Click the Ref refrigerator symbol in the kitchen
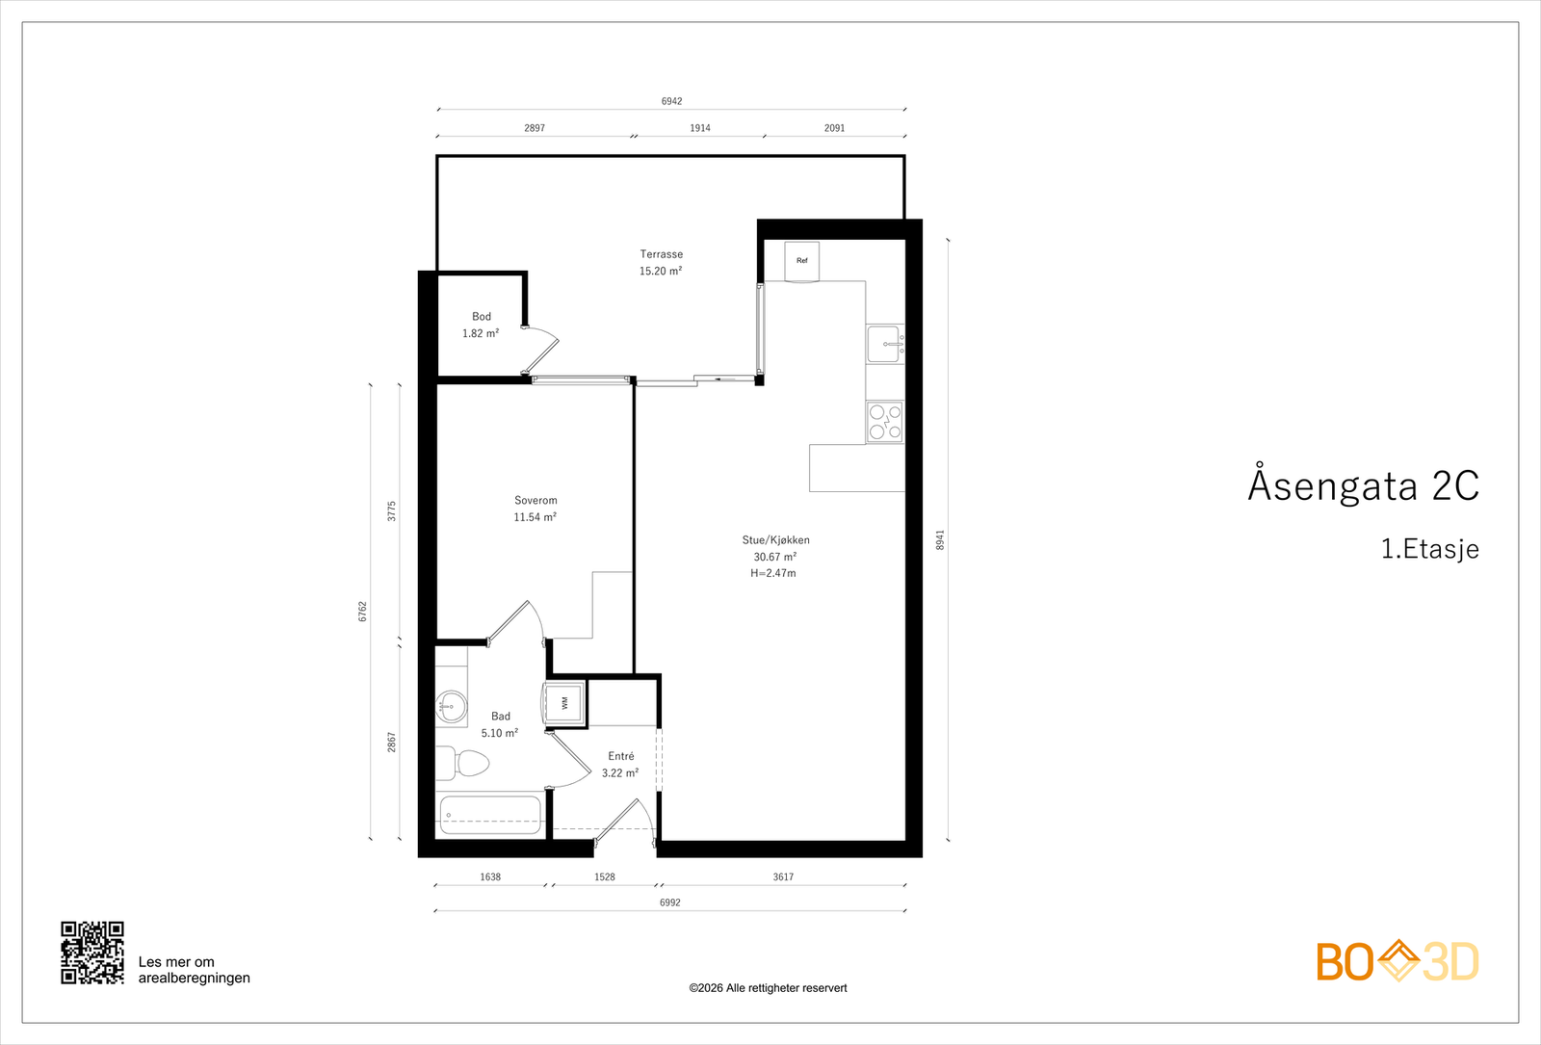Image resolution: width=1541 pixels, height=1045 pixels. [x=802, y=261]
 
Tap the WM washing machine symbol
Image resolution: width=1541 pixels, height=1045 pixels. [x=564, y=703]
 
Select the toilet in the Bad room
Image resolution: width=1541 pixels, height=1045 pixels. [x=462, y=763]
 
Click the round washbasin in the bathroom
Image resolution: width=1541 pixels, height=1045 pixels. [x=452, y=706]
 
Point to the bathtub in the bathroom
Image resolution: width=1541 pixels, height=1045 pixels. [x=489, y=815]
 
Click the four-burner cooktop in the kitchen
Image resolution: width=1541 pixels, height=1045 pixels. [x=885, y=422]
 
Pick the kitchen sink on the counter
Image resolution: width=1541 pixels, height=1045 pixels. [x=885, y=344]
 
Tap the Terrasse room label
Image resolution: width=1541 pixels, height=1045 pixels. [x=661, y=254]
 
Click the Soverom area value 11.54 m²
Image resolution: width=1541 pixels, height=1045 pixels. [x=535, y=517]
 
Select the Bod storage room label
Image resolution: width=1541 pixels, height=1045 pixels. [x=482, y=317]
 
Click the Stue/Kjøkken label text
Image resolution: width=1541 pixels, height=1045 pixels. [x=776, y=540]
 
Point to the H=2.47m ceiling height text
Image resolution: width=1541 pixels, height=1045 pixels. [x=773, y=573]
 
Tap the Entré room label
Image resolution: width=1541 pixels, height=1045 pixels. [x=621, y=756]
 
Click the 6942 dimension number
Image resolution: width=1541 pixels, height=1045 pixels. [x=672, y=101]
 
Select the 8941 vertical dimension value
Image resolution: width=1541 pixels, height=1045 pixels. [x=940, y=540]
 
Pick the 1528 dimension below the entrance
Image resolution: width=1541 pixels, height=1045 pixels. [x=605, y=877]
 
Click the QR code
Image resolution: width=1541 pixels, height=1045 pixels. [x=92, y=953]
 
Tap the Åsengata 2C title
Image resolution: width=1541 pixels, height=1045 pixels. [x=1364, y=484]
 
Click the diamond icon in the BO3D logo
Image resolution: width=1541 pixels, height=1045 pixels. [x=1398, y=959]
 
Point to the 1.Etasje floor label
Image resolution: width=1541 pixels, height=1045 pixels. [x=1430, y=549]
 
